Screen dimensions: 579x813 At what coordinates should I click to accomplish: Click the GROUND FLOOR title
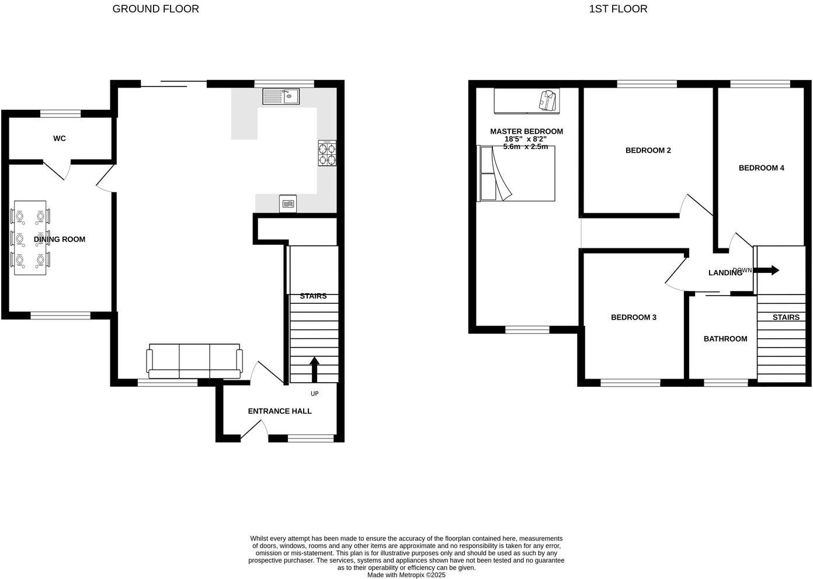click(155, 9)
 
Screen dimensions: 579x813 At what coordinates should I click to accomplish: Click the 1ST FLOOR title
click(618, 9)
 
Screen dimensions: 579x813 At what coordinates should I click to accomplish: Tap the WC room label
click(59, 138)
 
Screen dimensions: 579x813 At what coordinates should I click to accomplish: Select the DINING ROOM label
click(60, 239)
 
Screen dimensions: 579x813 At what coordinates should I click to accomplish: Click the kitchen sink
click(280, 96)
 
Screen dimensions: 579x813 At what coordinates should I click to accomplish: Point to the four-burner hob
click(327, 153)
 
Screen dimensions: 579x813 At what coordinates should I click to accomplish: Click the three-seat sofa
click(194, 361)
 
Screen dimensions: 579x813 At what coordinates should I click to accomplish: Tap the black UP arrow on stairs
click(314, 369)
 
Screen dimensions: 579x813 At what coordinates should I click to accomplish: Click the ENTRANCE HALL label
click(280, 411)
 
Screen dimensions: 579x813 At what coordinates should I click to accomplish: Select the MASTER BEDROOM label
click(526, 131)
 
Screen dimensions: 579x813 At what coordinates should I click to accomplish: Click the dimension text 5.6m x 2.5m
click(526, 147)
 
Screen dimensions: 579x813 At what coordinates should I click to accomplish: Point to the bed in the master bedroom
click(516, 174)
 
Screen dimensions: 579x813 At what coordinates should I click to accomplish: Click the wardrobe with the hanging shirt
click(526, 100)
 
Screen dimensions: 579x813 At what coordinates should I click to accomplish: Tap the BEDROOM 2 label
click(648, 150)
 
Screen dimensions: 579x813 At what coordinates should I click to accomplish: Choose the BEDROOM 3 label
click(634, 317)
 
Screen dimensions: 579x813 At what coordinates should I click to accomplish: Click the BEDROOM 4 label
click(761, 168)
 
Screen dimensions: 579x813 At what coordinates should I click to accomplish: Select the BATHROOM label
click(725, 339)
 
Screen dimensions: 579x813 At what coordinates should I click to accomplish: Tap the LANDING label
click(725, 273)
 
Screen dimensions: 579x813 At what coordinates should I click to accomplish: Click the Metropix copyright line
click(406, 575)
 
